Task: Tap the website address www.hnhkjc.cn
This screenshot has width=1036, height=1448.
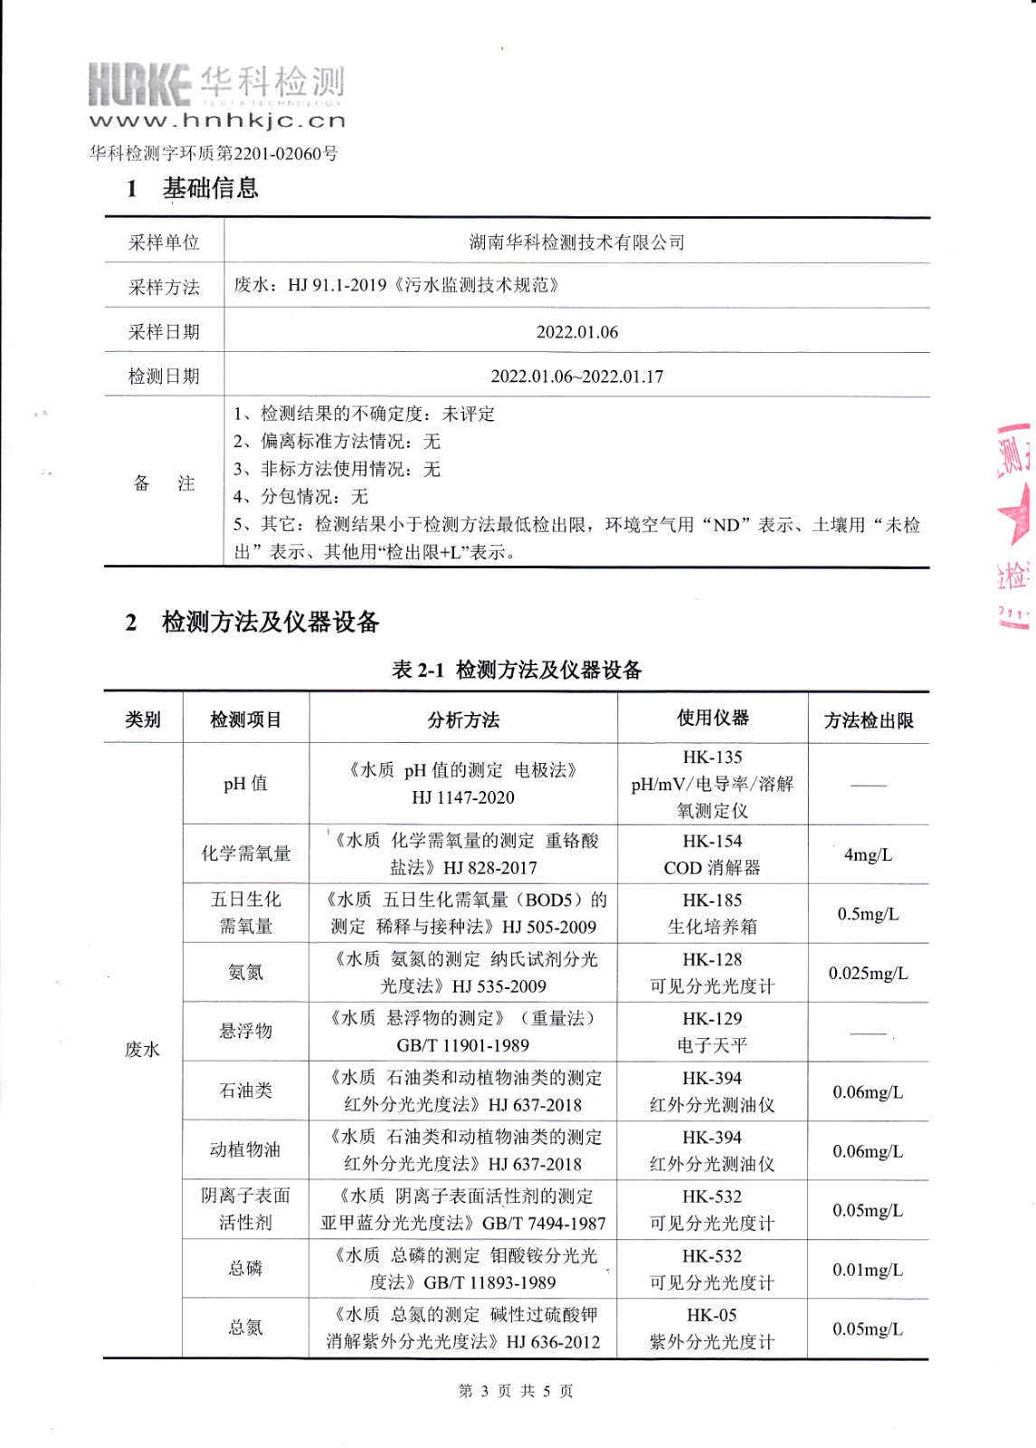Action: pos(217,120)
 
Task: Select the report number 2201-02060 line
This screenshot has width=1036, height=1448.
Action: pos(214,153)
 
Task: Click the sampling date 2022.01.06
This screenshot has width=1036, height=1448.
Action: pos(576,332)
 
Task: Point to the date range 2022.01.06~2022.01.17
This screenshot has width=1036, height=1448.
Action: pos(576,376)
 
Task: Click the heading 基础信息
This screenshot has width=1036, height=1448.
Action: pos(210,188)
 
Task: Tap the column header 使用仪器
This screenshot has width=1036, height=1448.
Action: pos(712,719)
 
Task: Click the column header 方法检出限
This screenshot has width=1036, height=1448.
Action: pos(868,720)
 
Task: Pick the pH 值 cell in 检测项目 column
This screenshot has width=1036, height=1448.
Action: pos(245,784)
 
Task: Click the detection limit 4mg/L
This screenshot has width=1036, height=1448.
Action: pos(867,855)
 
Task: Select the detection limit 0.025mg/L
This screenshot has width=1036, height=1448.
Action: pos(867,974)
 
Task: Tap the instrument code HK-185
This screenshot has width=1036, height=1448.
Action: pos(712,900)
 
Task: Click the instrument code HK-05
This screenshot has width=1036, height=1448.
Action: pos(712,1315)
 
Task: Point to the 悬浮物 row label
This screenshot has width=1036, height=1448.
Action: pos(245,1031)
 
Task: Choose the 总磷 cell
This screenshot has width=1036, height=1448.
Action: pos(245,1269)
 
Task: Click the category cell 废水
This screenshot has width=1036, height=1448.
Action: pos(142,1050)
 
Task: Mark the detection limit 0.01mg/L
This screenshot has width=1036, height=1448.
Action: pos(867,1270)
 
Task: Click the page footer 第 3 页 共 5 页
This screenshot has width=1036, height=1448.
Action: pos(516,1391)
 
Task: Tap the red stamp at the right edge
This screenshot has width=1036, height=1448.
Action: pos(1013,525)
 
